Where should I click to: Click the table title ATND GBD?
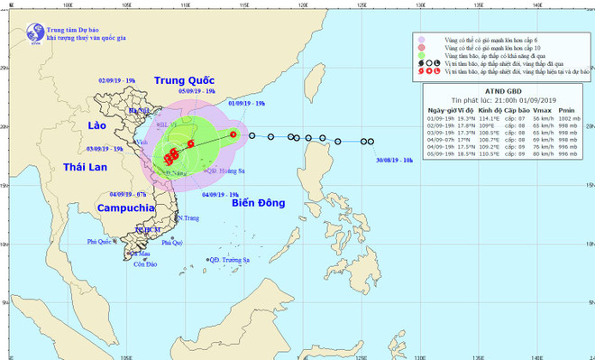coord(499,92)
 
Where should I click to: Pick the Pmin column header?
coord(566,110)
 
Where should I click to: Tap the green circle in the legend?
coord(421,63)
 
